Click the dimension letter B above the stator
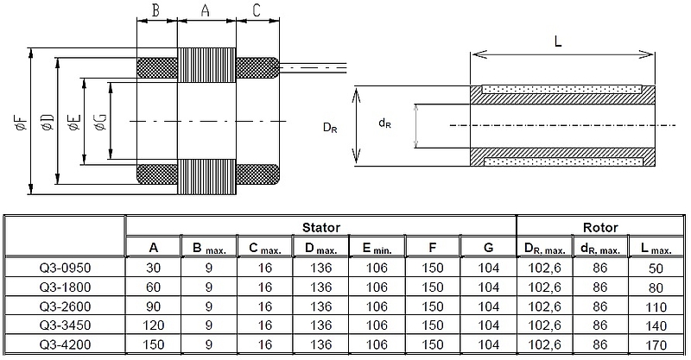coord(155,10)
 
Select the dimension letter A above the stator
coord(206,10)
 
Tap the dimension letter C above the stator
coord(257,10)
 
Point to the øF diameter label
coord(21,122)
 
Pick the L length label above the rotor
coord(558,41)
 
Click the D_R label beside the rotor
coord(330,128)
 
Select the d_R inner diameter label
coord(384,123)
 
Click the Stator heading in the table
coord(321,227)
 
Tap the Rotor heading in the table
coord(600,227)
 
